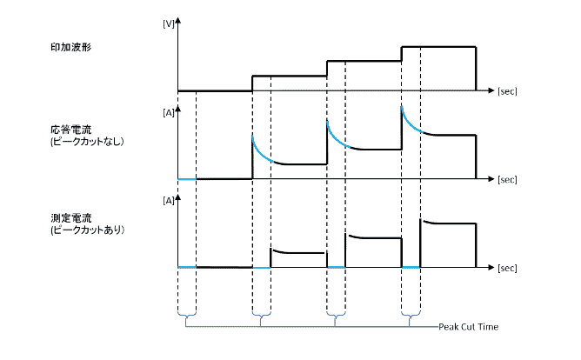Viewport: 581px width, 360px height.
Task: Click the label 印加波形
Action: (x=72, y=46)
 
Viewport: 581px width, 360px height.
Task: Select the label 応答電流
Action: (x=71, y=129)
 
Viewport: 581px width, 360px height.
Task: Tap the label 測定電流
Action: (x=71, y=217)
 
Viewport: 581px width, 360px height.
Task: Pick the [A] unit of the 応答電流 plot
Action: (x=168, y=112)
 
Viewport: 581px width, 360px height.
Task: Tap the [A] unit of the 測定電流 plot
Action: (x=168, y=201)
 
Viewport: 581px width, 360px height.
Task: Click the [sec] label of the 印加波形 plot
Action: (x=507, y=90)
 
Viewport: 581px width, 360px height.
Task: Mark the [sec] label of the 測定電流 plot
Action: (x=507, y=267)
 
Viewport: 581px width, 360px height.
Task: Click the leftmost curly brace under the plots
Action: (x=187, y=319)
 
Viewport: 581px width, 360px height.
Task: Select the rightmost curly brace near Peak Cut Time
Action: (x=411, y=319)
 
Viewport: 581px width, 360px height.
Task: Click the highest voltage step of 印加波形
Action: (x=438, y=46)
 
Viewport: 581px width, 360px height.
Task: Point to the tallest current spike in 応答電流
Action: (x=403, y=108)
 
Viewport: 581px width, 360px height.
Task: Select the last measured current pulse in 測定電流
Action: (x=448, y=223)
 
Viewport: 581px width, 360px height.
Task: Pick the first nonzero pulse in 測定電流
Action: (x=298, y=252)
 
